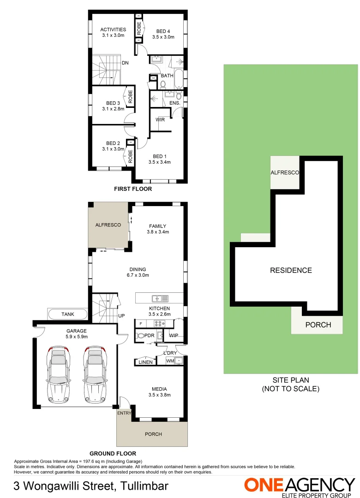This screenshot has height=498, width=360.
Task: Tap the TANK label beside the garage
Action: point(67,314)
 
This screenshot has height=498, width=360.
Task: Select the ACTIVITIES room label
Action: point(113,30)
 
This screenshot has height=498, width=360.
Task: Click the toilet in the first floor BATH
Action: point(162,84)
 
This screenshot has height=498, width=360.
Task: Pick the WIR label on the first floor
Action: point(160,119)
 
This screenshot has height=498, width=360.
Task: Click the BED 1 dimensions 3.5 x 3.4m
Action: point(160,162)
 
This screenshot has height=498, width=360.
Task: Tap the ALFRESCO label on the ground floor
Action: point(108,225)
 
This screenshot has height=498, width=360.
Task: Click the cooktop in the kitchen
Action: point(159,323)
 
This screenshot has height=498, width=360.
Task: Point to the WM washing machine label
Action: point(170,361)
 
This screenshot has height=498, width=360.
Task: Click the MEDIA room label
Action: point(159,389)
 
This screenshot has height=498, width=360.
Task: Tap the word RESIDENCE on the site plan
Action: point(291,270)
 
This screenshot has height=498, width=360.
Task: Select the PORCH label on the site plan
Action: point(318,325)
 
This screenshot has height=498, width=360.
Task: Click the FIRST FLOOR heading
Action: point(132,189)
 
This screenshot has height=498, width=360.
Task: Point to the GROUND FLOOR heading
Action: point(113,453)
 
